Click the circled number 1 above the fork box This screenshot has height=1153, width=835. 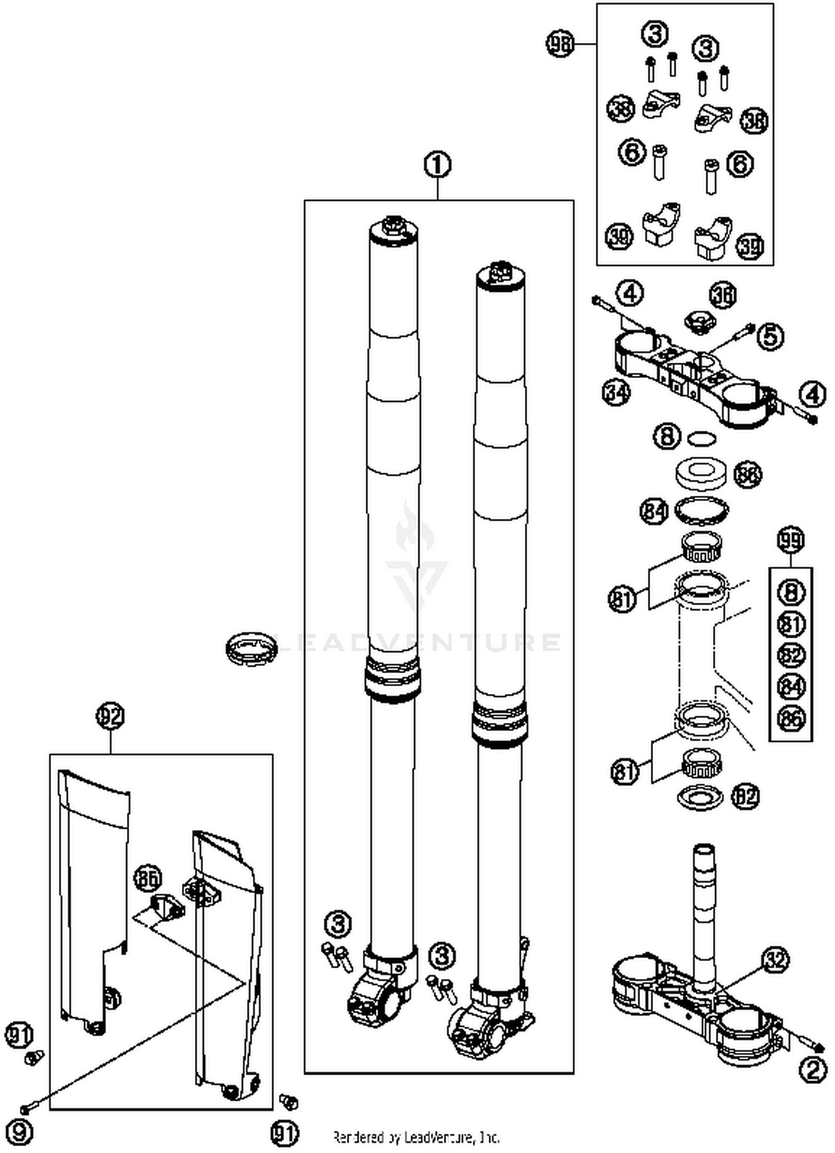(438, 165)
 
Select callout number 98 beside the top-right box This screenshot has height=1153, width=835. (559, 43)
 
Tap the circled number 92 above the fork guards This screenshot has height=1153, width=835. (110, 716)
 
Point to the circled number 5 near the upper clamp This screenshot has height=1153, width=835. (772, 336)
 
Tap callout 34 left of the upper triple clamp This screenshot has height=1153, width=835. (616, 392)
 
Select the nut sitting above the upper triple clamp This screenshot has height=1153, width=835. (700, 322)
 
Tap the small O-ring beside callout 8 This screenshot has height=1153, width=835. (701, 438)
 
